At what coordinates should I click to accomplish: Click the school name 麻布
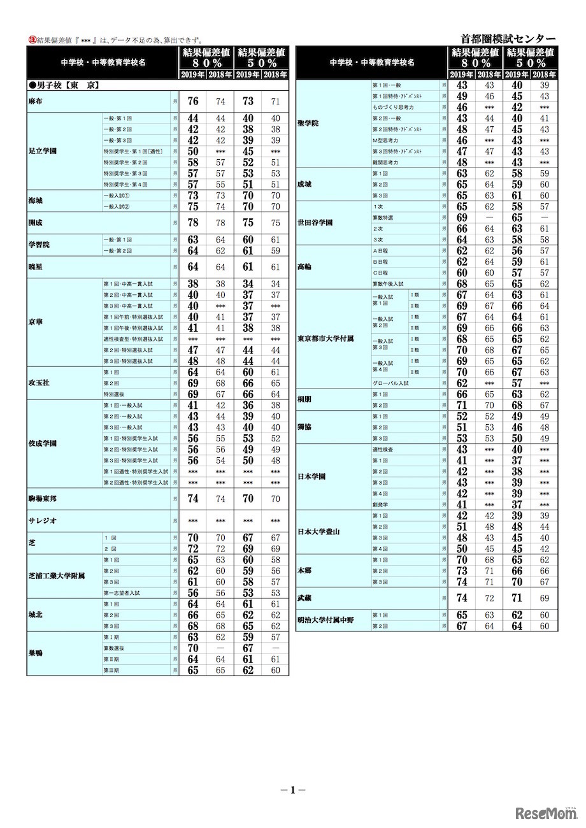(36, 101)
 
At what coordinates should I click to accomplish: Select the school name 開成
(36, 224)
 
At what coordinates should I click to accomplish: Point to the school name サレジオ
(43, 520)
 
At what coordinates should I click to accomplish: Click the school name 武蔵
(304, 598)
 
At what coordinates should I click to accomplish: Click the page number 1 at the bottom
(293, 790)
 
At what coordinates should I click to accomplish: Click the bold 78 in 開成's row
(193, 224)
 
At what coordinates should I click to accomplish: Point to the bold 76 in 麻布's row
(193, 101)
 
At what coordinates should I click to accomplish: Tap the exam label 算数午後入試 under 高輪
(388, 283)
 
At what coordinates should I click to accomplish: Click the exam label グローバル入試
(390, 383)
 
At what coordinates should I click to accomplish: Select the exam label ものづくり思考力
(393, 107)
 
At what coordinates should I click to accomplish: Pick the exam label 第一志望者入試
(122, 593)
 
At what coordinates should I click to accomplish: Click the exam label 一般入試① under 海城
(117, 196)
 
